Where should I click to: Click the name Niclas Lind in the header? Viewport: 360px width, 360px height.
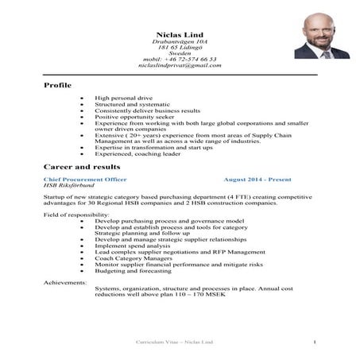point(179,33)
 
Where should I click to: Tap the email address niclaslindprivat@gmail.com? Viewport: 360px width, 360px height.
point(179,65)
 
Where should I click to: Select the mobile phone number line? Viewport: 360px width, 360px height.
point(179,59)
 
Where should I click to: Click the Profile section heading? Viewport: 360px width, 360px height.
point(57,84)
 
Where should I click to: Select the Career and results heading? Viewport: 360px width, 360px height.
point(82,167)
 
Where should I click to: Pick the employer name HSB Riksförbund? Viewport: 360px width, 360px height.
point(68,188)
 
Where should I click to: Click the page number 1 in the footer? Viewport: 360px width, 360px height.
point(315,343)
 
